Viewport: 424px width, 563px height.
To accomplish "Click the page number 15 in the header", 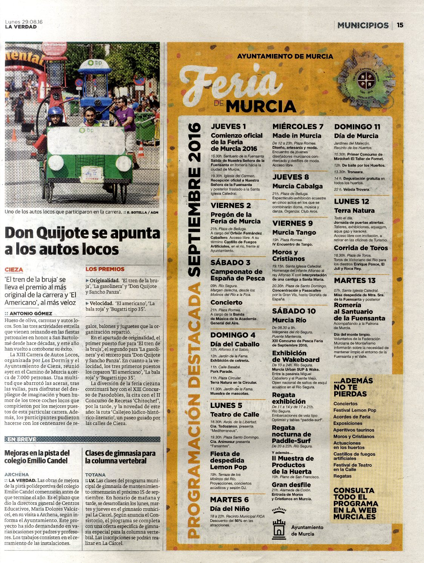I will click(400, 25).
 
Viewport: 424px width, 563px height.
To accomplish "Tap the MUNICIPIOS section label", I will click(363, 25).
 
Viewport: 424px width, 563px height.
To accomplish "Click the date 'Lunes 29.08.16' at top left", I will click(23, 22).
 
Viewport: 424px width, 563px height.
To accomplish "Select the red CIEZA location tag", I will click(14, 269).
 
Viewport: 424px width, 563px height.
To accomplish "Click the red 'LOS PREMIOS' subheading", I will click(105, 269).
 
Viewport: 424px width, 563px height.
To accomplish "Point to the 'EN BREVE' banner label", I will click(22, 439).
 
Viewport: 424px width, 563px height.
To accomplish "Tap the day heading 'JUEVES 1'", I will click(228, 126).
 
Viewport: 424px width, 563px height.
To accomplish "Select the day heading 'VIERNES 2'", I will click(231, 205).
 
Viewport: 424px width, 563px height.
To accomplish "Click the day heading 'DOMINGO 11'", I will click(357, 127).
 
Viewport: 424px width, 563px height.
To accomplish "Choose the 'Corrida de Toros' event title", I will click(361, 248).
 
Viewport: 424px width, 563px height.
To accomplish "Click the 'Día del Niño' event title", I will click(230, 508).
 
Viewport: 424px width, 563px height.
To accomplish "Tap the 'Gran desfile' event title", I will click(291, 485).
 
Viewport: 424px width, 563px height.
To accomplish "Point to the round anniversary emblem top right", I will click(366, 80).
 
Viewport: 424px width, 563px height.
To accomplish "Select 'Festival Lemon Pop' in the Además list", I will click(355, 410).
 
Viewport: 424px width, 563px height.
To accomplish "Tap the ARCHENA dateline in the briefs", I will click(17, 474).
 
